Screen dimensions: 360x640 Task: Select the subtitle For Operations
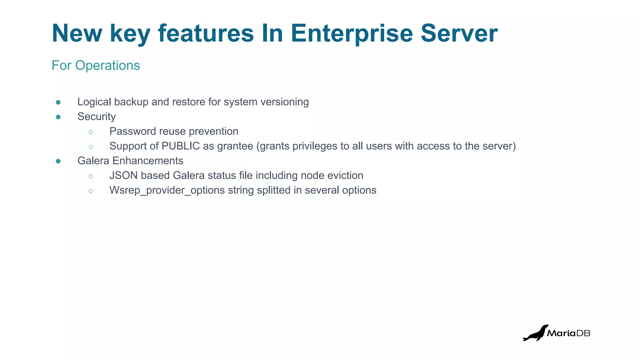tap(96, 65)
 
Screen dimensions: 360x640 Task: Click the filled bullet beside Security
tap(58, 117)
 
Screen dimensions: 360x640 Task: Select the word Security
tap(96, 117)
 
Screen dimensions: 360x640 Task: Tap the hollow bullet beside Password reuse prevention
tap(91, 132)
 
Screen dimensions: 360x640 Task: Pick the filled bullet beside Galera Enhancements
tap(58, 161)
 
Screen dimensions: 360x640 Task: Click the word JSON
tap(123, 175)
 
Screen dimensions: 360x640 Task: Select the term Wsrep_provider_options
tap(167, 190)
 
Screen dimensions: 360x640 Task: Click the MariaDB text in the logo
tap(568, 333)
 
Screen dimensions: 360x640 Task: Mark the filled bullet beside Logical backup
tap(58, 102)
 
